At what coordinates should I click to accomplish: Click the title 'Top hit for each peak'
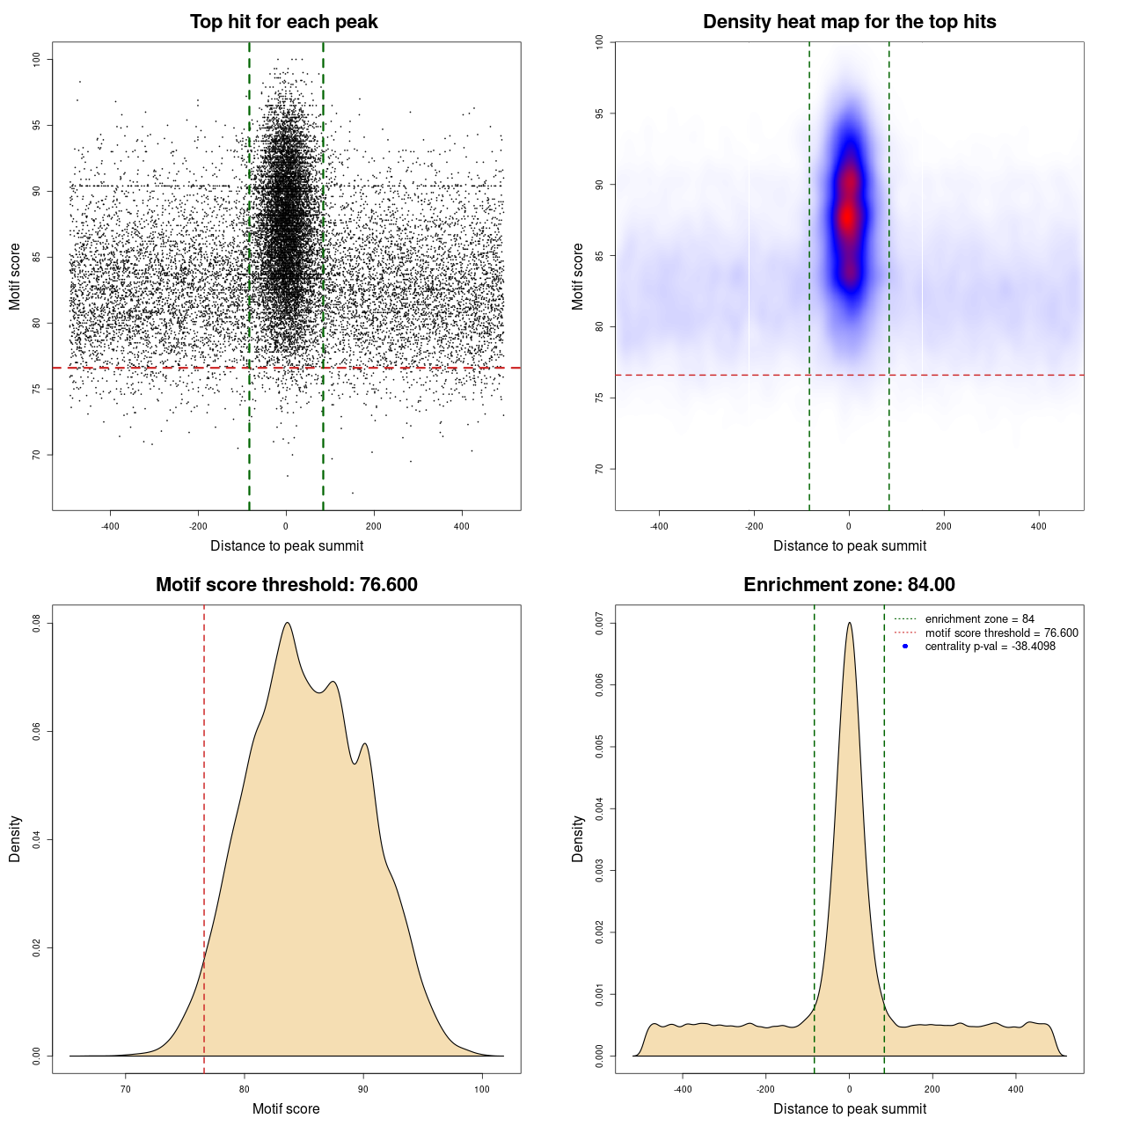283,22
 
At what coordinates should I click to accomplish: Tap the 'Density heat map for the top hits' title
849,22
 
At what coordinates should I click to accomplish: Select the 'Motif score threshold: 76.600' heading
286,585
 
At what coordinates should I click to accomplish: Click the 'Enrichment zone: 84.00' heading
849,585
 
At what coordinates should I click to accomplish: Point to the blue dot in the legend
905,647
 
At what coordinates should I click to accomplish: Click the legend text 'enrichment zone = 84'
979,619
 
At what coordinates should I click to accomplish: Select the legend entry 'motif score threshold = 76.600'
1001,632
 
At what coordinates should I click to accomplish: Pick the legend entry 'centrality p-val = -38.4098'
990,647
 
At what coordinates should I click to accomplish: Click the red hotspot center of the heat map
847,216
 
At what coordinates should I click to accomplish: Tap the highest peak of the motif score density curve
287,623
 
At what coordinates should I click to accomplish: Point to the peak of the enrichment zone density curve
849,623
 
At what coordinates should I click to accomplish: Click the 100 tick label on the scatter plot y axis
36,59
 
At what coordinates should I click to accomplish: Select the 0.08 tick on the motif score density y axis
36,624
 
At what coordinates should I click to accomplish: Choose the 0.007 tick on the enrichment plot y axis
599,624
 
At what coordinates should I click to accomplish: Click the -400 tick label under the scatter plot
110,526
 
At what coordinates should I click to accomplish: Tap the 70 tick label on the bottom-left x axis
126,1089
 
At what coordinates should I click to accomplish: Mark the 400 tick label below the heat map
1039,526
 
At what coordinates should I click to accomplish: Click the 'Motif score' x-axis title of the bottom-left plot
286,1108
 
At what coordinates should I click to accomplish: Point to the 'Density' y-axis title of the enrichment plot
578,838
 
